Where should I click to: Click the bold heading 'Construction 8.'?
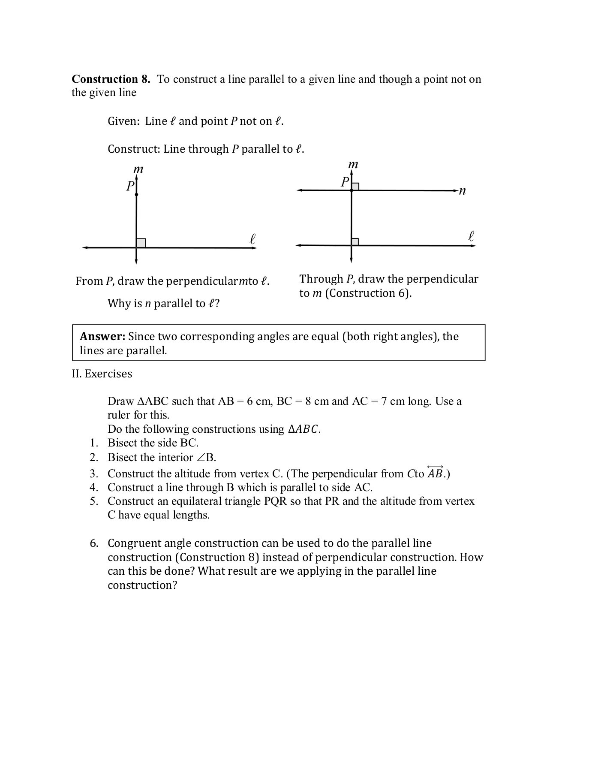tap(111, 79)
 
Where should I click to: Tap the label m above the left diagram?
tap(138, 169)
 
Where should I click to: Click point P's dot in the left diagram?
tap(136, 195)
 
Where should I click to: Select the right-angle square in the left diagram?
tap(141, 243)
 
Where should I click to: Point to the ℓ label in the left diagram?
tap(252, 239)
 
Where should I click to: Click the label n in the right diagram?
tap(462, 191)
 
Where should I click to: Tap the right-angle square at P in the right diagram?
tap(355, 186)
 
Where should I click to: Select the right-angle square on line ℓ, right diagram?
tap(355, 241)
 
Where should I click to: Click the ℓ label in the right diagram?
tap(471, 236)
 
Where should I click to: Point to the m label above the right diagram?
tap(353, 164)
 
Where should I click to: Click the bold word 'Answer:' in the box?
tap(102, 337)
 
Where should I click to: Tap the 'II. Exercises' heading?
tap(102, 374)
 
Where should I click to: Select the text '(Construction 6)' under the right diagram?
tap(368, 293)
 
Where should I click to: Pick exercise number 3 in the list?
tap(94, 474)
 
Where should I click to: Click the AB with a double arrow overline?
tap(435, 473)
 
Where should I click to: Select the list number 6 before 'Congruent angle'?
tap(94, 543)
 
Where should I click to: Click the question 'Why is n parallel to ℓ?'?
tap(163, 304)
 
